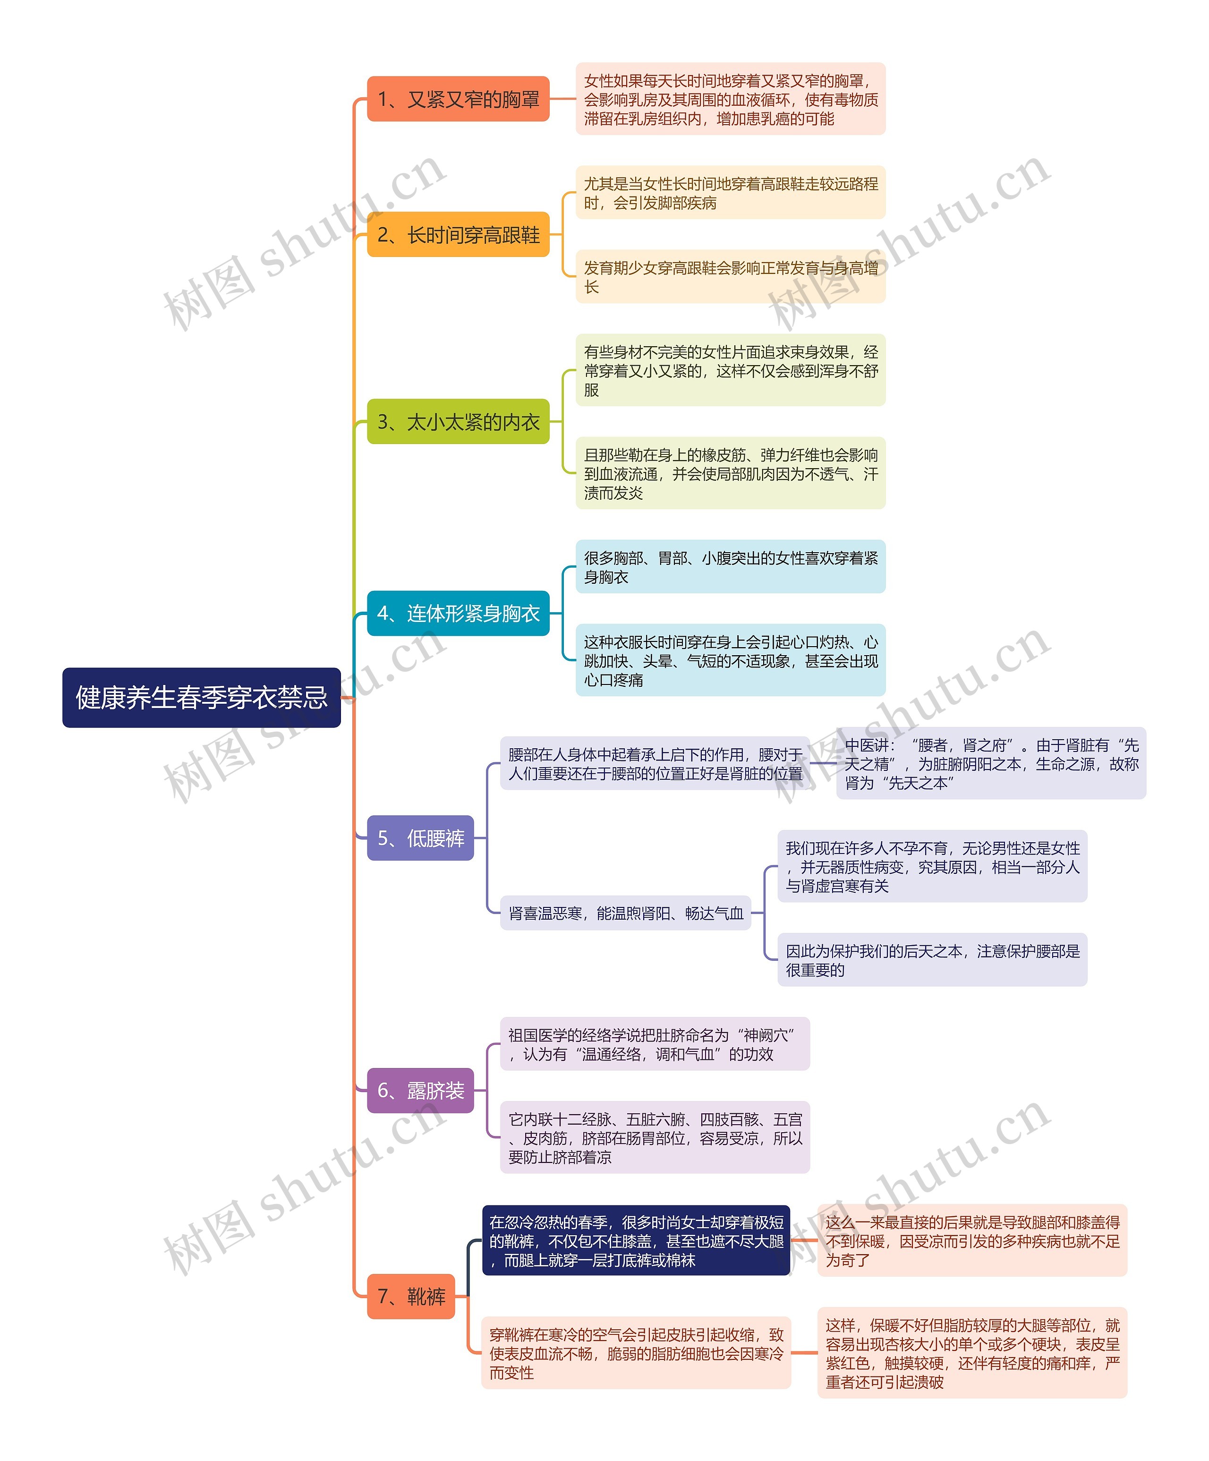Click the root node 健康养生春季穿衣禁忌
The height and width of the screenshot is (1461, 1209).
201,697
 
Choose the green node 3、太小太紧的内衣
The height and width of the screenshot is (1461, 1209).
458,422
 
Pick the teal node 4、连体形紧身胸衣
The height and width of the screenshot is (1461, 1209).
458,613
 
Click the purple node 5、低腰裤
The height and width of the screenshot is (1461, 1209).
420,837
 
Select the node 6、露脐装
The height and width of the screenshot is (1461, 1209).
420,1090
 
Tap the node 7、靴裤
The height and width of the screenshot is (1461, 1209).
410,1296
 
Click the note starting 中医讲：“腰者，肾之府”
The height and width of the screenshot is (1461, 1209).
990,764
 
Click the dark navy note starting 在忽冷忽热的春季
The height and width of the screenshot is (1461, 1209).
636,1240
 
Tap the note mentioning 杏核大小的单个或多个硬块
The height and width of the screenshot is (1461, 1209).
972,1353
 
